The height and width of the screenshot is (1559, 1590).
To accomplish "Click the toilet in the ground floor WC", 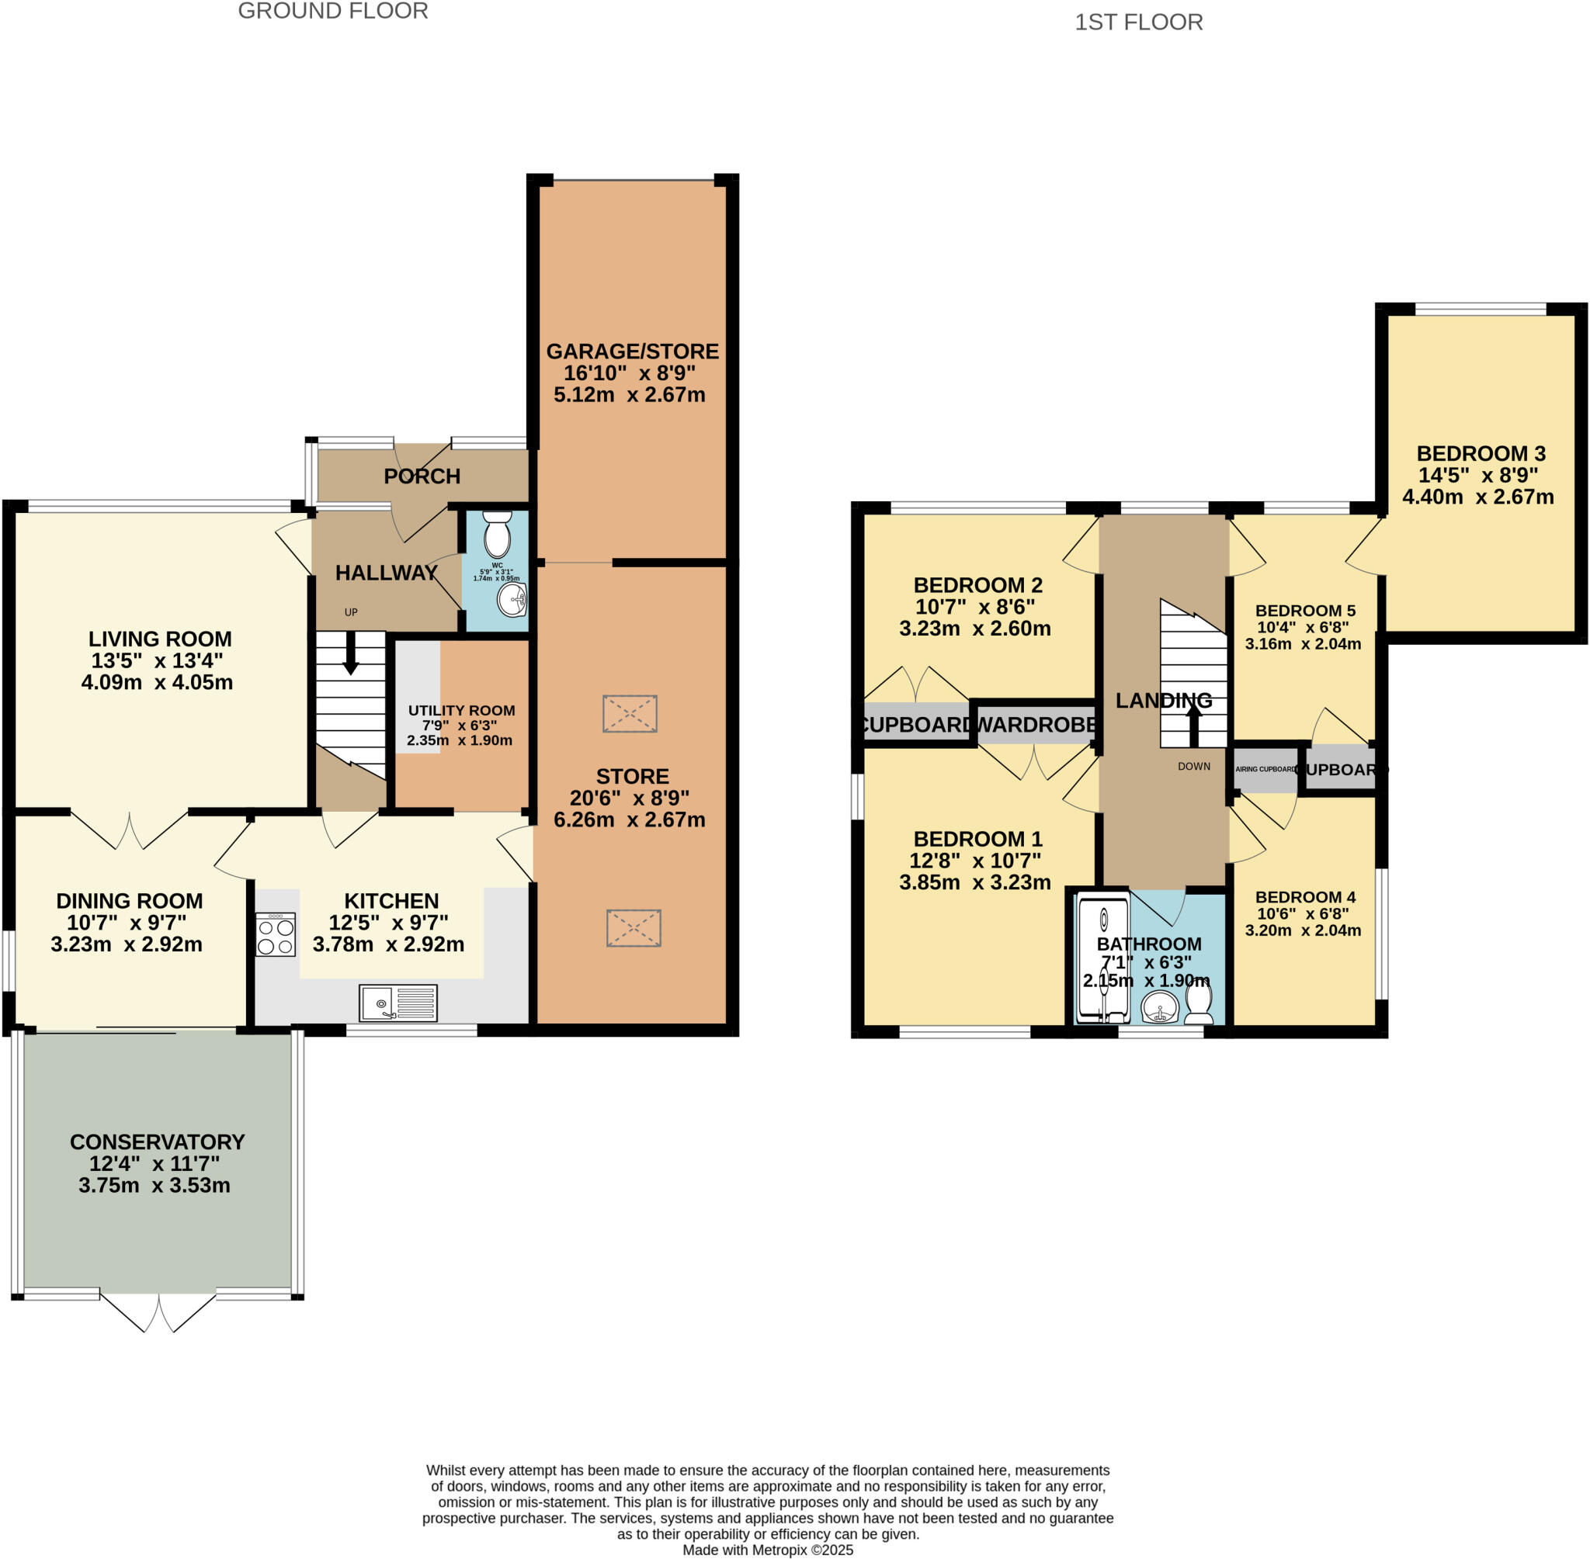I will (497, 535).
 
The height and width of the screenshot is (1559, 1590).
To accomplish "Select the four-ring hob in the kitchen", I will (276, 935).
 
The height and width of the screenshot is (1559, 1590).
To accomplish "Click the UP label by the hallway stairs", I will (351, 611).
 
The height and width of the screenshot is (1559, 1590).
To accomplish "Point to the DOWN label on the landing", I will (1193, 767).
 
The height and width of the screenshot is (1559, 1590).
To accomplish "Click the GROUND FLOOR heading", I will (332, 12).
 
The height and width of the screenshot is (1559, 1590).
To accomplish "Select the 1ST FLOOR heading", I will (1138, 22).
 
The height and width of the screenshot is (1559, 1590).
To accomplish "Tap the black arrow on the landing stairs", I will (1193, 723).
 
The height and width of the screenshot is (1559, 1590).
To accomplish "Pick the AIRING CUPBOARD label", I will (1265, 770).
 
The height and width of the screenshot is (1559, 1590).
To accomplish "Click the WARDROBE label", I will (1036, 725).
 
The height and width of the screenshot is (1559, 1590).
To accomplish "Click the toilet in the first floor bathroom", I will (1199, 1003).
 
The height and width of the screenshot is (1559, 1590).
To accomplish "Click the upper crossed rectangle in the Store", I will (629, 714).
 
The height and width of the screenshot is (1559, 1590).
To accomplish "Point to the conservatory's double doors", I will (158, 1312).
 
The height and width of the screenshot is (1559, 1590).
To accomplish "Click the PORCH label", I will (422, 476).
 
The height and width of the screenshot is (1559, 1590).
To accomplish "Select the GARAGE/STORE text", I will (633, 352).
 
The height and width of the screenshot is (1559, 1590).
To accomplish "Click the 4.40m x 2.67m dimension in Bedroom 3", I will (1477, 496).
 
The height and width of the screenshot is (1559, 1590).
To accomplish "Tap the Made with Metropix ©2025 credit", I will (768, 1550).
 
